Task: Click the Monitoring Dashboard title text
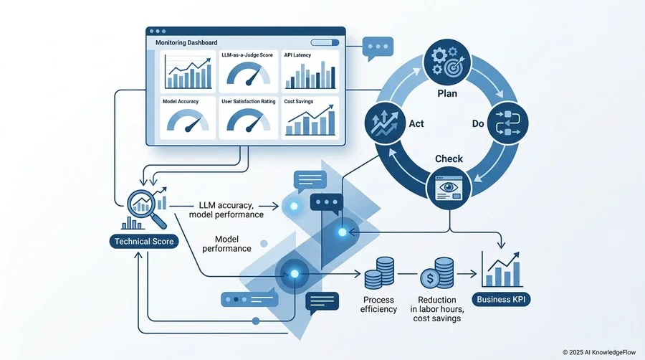coord(186,42)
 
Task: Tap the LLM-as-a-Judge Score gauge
coord(249,73)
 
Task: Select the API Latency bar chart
coord(310,75)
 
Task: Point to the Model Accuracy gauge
coord(188,120)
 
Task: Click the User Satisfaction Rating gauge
coord(249,120)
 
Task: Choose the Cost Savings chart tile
coord(310,118)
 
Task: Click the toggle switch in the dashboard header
coord(325,42)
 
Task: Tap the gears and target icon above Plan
coord(447,62)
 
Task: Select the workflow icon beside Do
coord(507,123)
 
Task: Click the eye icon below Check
coord(449,189)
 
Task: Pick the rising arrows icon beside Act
coord(385,123)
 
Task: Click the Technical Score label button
coord(144,242)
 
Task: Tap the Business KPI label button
coord(501,299)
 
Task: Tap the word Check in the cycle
coord(449,158)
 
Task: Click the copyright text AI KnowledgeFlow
coord(599,352)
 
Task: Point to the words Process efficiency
coord(378,305)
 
